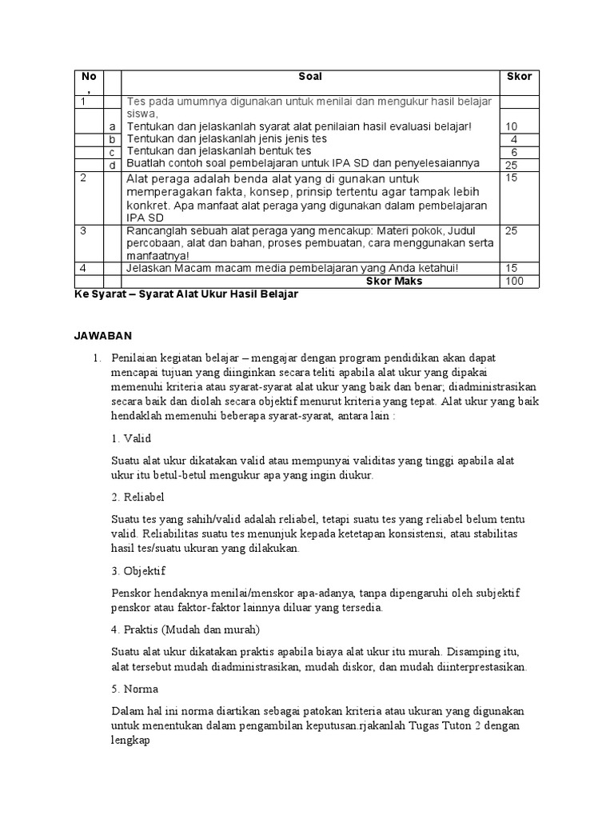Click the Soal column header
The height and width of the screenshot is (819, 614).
(310, 77)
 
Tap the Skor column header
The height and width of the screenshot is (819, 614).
(519, 77)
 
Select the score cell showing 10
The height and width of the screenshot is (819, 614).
(512, 126)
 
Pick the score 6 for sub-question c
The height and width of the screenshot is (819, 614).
(514, 151)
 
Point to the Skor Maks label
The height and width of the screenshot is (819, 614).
(394, 282)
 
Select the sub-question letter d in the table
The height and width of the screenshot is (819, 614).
(113, 164)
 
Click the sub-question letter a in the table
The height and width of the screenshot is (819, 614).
(113, 126)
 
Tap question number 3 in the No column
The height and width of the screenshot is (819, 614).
(83, 230)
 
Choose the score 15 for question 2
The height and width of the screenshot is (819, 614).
(512, 178)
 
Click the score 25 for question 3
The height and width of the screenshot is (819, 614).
(512, 230)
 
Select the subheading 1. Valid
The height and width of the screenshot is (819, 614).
(131, 438)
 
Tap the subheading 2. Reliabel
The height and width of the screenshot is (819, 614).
(138, 497)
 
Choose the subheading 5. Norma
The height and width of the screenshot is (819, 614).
(135, 688)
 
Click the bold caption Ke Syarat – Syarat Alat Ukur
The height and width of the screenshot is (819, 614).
(186, 294)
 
